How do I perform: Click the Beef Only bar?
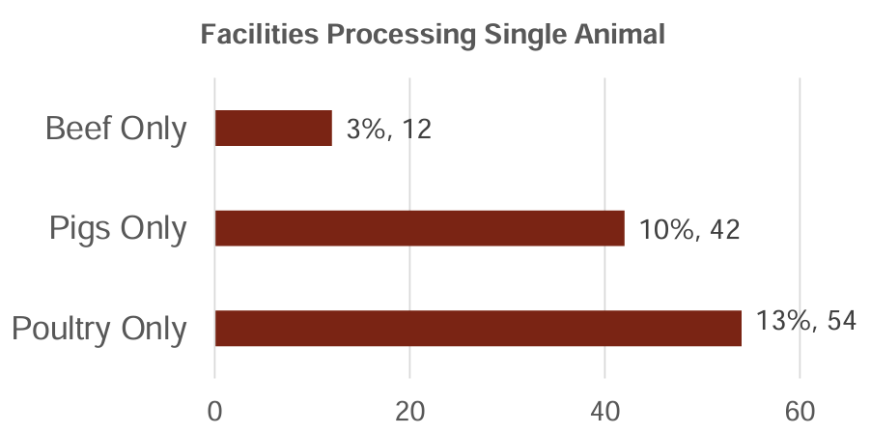click(273, 128)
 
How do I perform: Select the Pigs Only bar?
click(419, 228)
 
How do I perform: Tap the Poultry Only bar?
click(478, 328)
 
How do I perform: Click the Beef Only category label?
click(116, 129)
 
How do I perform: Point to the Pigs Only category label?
click(119, 229)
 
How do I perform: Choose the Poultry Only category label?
click(99, 329)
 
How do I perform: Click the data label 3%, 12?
click(388, 129)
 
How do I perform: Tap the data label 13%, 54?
click(806, 321)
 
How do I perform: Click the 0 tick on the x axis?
click(214, 410)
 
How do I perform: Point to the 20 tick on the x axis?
click(409, 410)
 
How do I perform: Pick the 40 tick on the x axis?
click(604, 410)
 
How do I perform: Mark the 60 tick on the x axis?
click(800, 410)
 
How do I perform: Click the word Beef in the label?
click(77, 129)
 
